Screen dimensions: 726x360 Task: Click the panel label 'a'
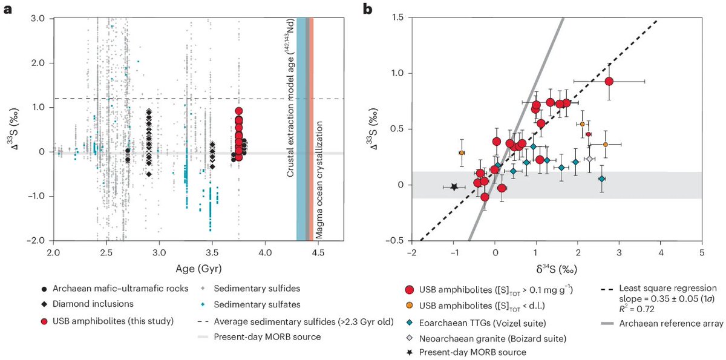coord(8,10)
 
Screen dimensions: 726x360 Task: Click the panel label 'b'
coord(367,10)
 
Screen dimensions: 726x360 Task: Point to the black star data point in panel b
coord(454,187)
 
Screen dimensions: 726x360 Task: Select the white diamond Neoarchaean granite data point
coord(589,159)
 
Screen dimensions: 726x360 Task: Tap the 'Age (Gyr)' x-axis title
coord(198,269)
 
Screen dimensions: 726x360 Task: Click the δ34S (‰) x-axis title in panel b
coord(557,269)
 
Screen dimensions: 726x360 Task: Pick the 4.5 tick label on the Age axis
coord(318,252)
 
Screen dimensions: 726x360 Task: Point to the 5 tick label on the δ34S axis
coord(702,252)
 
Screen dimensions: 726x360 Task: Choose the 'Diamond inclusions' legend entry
coord(88,304)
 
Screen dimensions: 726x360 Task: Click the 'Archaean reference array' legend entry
coord(661,323)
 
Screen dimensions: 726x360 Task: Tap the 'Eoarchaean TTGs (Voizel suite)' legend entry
coord(477,323)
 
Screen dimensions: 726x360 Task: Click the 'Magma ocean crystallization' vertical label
coord(319,180)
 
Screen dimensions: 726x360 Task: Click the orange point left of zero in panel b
coord(462,152)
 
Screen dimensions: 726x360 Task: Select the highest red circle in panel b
coord(609,81)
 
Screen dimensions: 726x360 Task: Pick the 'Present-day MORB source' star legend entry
coord(466,352)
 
